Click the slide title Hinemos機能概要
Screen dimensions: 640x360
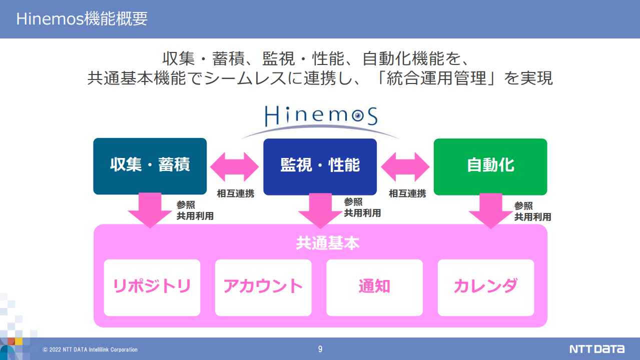click(x=82, y=19)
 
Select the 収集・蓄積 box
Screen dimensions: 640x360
click(x=150, y=166)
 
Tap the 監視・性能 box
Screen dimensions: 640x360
click(x=320, y=166)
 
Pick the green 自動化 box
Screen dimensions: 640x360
click(x=490, y=166)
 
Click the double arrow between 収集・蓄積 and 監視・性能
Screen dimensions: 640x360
click(x=235, y=166)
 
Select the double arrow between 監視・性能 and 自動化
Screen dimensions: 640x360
click(x=405, y=166)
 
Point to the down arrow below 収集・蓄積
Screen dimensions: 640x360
click(x=150, y=210)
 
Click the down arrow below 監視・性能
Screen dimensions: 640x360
click(x=320, y=211)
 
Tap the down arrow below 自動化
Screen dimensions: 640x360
click(x=491, y=211)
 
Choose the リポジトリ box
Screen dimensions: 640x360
click(x=152, y=287)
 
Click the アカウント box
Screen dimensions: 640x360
click(x=263, y=287)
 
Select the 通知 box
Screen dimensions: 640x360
click(x=375, y=287)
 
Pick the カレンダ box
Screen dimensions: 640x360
click(x=486, y=287)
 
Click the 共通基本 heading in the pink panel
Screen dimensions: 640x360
click(x=327, y=243)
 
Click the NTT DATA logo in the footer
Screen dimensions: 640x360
click(x=597, y=349)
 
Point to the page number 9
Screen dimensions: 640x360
click(x=320, y=349)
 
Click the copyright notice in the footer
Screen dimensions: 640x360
click(x=90, y=349)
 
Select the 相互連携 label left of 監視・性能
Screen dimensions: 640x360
click(x=235, y=193)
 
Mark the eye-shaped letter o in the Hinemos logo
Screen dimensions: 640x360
click(x=358, y=115)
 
